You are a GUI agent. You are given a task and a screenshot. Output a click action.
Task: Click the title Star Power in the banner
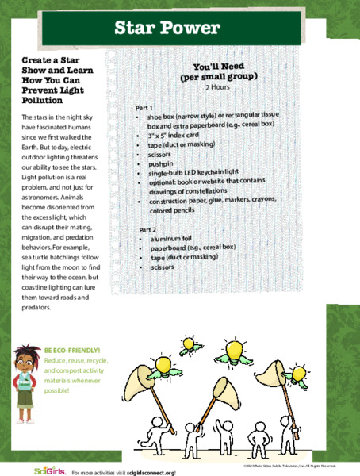166,29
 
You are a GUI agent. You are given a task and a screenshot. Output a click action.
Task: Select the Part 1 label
144,107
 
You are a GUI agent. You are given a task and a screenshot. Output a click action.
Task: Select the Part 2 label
144,229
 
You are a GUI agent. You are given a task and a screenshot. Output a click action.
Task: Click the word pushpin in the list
161,163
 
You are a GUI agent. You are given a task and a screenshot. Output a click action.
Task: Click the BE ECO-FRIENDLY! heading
72,350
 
